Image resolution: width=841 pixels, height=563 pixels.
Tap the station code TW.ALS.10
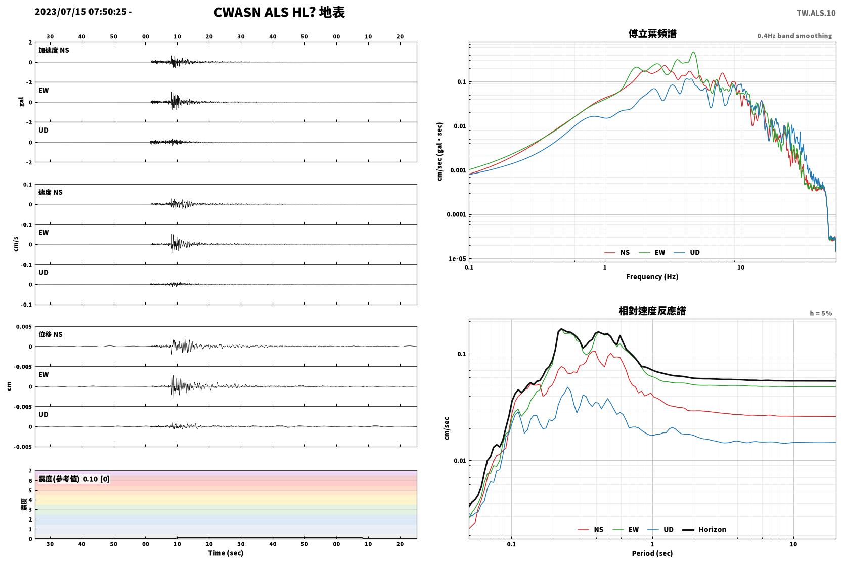tap(816, 13)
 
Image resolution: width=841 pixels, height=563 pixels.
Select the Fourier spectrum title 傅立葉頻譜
tap(652, 34)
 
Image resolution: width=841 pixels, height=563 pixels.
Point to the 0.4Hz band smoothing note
tap(794, 36)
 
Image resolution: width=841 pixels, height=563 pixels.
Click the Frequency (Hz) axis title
tap(652, 277)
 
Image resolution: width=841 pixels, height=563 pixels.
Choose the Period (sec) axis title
tap(652, 553)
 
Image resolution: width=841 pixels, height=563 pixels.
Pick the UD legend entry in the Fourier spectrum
tap(687, 253)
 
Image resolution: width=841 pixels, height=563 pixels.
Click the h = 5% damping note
tap(821, 313)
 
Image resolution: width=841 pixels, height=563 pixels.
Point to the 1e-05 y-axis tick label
tap(457, 259)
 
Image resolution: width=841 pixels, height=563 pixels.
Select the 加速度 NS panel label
tap(54, 50)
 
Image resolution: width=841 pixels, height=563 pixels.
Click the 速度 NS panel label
tap(50, 192)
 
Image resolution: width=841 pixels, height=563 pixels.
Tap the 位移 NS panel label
tap(50, 334)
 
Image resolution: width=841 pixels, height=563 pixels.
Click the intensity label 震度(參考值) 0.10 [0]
tap(74, 479)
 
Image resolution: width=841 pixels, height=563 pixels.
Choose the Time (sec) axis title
tap(226, 553)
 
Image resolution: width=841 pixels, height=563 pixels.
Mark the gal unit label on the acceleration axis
tap(21, 102)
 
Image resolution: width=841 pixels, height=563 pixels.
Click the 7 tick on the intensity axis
tap(30, 471)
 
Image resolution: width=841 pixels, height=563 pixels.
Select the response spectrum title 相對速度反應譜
tap(652, 311)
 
